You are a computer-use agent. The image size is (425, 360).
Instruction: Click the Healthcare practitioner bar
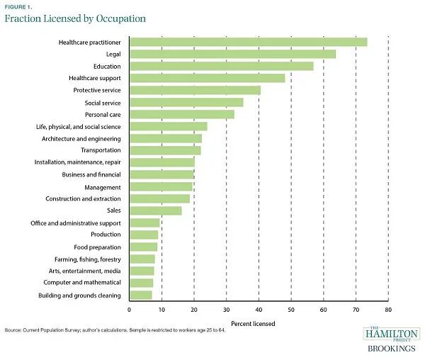[248, 42]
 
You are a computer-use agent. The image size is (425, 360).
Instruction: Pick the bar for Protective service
[195, 90]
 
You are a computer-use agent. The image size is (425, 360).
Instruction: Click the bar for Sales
[155, 210]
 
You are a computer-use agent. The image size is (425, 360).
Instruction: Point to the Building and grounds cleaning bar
[140, 295]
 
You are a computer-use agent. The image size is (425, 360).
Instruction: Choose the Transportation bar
[165, 150]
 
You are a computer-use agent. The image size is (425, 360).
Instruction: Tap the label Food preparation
[97, 247]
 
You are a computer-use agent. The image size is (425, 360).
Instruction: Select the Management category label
[103, 186]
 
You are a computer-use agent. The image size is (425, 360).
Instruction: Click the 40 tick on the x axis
[259, 310]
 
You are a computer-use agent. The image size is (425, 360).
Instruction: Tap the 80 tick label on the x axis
[388, 310]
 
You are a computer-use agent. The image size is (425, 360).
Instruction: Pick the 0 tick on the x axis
[130, 310]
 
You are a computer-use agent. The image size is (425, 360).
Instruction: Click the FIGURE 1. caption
[18, 6]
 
